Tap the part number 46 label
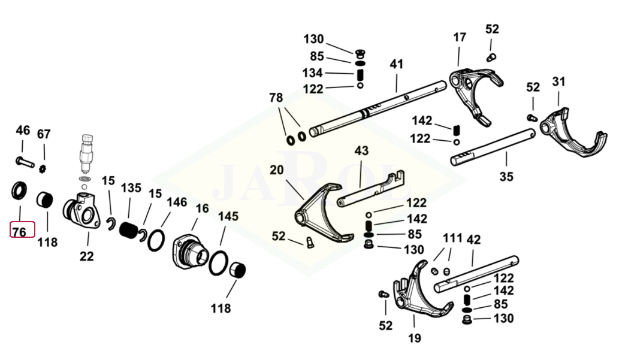tap(23, 131)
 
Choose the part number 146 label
tap(176, 202)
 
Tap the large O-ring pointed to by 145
tap(219, 264)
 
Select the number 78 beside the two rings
tap(276, 98)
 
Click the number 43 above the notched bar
tap(361, 150)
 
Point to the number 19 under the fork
tap(414, 338)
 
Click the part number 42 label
tap(473, 240)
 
